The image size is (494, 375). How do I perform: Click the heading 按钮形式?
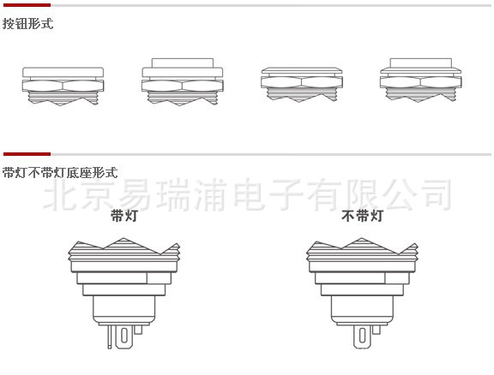point(27,24)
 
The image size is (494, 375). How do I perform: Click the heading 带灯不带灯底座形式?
point(60,172)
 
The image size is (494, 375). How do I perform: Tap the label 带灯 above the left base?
point(124,216)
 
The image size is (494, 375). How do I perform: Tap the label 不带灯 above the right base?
point(362,216)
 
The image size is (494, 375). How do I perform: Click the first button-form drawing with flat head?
point(63,86)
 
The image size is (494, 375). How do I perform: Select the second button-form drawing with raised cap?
point(183,82)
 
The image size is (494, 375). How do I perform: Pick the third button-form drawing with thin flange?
point(302,85)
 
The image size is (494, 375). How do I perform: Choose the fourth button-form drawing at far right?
point(420,80)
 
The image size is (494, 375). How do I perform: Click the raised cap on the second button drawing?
point(183,62)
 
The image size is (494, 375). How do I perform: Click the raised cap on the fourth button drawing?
point(421,62)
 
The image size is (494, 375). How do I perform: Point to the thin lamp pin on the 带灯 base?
point(109,336)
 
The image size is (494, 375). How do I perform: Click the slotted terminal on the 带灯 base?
point(124,336)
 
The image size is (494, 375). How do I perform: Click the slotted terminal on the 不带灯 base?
point(362,336)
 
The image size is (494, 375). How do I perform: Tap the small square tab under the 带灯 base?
point(138,330)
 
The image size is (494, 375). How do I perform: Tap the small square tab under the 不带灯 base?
point(377,330)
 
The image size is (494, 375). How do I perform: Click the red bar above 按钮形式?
point(27,5)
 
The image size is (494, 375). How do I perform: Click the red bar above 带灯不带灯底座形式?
point(27,154)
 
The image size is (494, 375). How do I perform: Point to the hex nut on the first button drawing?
point(63,86)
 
